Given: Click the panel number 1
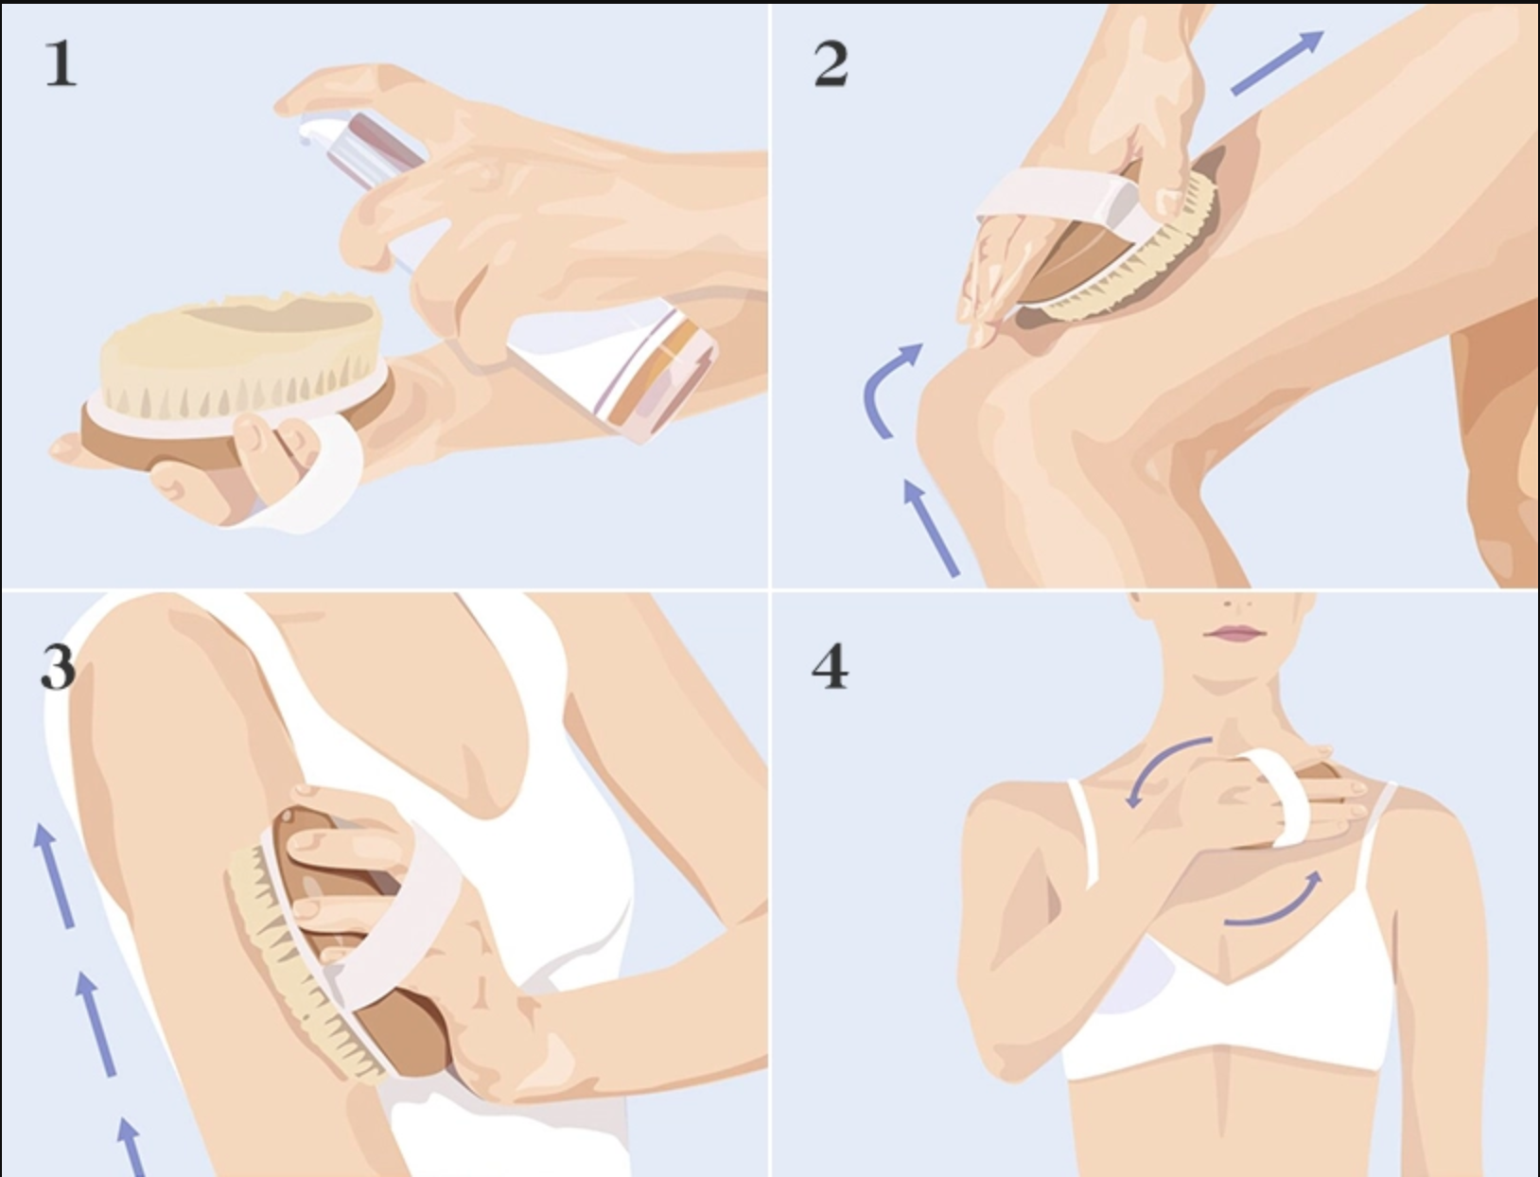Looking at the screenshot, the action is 61,63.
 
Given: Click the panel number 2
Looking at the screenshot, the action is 831,63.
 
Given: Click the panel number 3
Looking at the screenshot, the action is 58,667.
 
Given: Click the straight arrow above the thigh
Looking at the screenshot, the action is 1277,63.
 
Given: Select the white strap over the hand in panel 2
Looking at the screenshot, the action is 1066,200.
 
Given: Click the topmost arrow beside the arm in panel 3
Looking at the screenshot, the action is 54,876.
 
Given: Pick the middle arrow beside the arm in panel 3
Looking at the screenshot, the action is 95,1024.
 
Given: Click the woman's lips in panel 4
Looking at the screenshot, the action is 1235,633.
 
